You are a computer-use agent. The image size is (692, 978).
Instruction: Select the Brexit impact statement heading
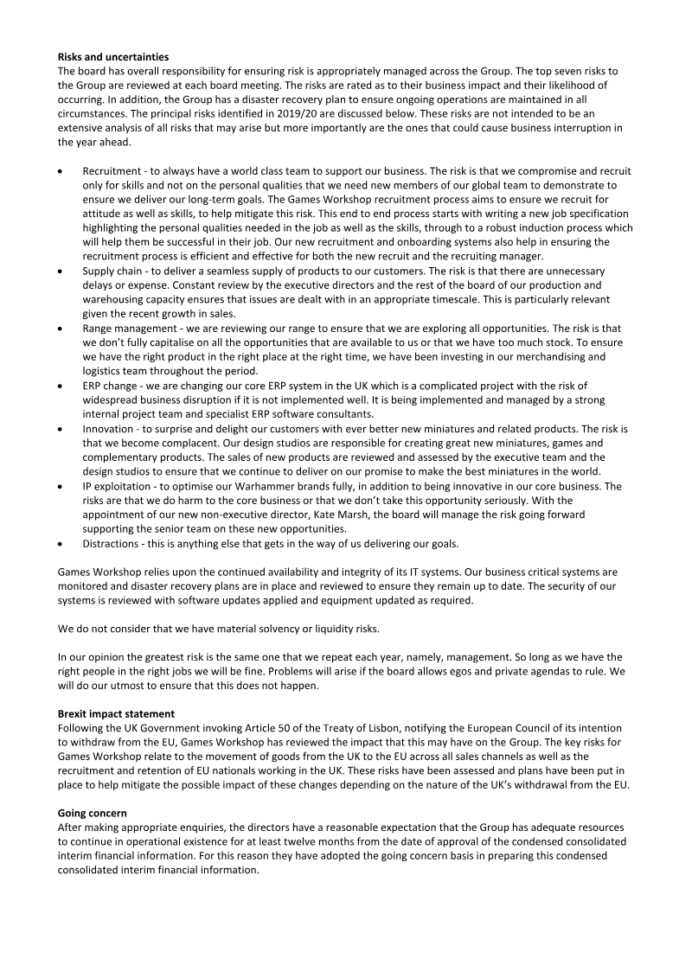(114, 714)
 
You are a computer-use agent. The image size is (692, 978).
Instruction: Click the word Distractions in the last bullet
(114, 543)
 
